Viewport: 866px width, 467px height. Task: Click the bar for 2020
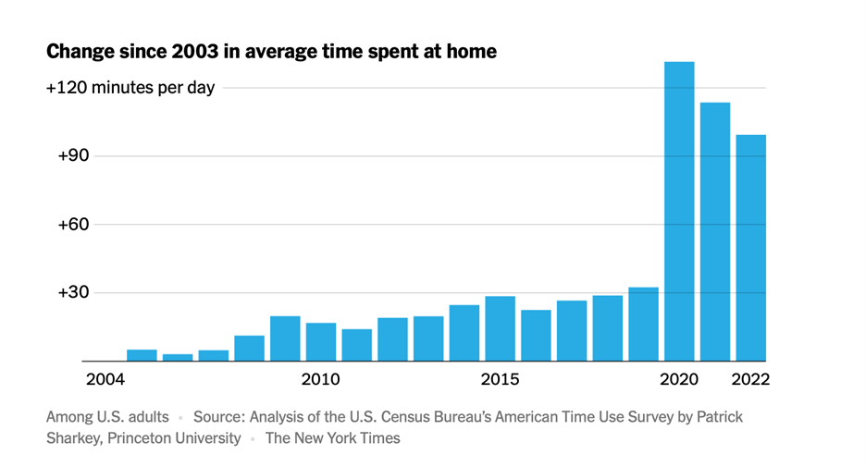pyautogui.click(x=679, y=212)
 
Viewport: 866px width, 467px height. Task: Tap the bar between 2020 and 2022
pyautogui.click(x=715, y=231)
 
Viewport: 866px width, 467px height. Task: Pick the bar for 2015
pyautogui.click(x=500, y=328)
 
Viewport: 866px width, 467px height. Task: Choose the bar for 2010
pyautogui.click(x=321, y=341)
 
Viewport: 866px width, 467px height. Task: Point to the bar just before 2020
pyautogui.click(x=643, y=324)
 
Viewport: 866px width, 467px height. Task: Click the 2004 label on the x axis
pyautogui.click(x=104, y=380)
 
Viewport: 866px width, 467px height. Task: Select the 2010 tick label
pyautogui.click(x=320, y=380)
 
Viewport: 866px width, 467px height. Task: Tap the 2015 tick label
pyautogui.click(x=500, y=380)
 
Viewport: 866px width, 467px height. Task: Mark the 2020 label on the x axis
pyautogui.click(x=679, y=380)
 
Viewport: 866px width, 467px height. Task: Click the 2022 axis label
pyautogui.click(x=750, y=380)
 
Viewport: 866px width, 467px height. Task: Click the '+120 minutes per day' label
pyautogui.click(x=130, y=88)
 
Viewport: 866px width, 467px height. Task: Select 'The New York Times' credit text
pyautogui.click(x=333, y=438)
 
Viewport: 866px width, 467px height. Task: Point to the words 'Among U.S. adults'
pyautogui.click(x=107, y=417)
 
